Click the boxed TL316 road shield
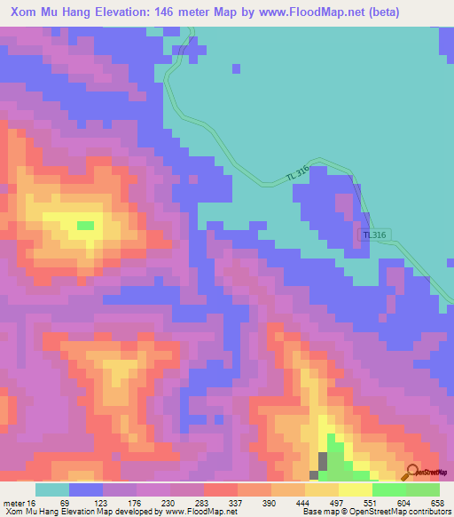pyautogui.click(x=374, y=235)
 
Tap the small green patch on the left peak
pyautogui.click(x=85, y=226)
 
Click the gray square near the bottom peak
pyautogui.click(x=322, y=461)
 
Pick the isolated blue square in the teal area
pyautogui.click(x=236, y=68)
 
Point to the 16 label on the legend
pyautogui.click(x=33, y=503)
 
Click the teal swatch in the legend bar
pyautogui.click(x=51, y=489)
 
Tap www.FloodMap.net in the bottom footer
pyautogui.click(x=187, y=512)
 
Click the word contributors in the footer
pyautogui.click(x=427, y=512)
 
